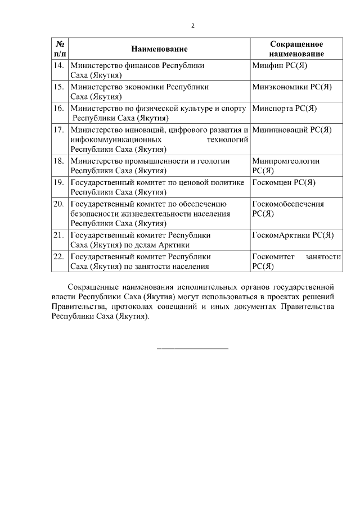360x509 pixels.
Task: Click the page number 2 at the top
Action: coord(192,25)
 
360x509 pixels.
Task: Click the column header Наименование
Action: coord(159,49)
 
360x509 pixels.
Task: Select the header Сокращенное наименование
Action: coord(296,49)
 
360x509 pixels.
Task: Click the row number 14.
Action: coord(58,66)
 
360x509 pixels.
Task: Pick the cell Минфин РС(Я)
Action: coord(279,66)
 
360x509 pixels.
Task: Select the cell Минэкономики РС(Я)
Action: coord(292,87)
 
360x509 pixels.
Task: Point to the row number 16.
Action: coord(58,109)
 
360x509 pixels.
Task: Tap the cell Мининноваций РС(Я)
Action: coord(292,130)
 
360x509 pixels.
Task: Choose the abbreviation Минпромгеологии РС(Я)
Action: coord(286,165)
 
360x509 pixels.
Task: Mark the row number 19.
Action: coord(58,182)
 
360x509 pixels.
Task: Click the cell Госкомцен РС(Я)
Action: coord(283,182)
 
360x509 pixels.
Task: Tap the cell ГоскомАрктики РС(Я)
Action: coord(293,235)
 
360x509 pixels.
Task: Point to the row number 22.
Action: coord(58,256)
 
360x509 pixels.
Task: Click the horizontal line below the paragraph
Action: coord(192,349)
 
